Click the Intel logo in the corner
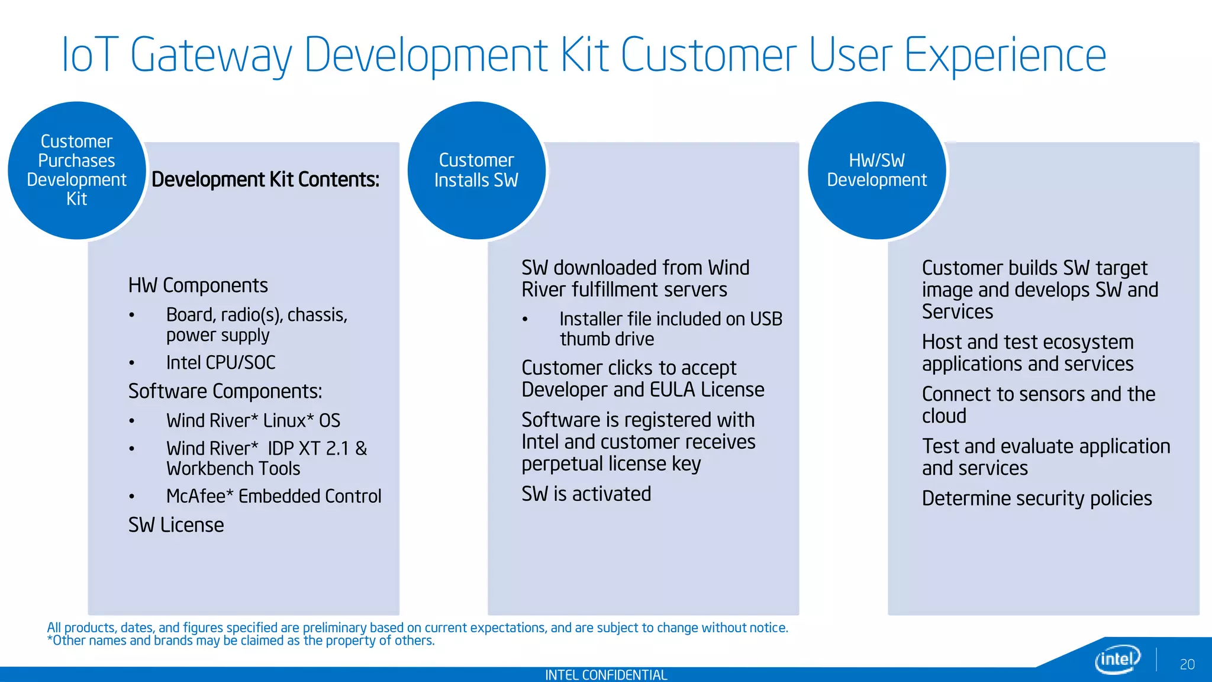(x=1117, y=659)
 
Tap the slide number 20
(x=1187, y=664)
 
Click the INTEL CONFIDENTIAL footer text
(x=605, y=675)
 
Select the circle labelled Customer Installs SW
(x=476, y=170)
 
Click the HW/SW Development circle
(x=876, y=170)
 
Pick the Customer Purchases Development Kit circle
(x=76, y=170)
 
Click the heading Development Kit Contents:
(x=265, y=179)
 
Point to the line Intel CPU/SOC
(x=221, y=362)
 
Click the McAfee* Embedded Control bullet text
(x=273, y=496)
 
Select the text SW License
(x=176, y=525)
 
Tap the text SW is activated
(x=586, y=494)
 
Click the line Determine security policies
(x=1037, y=498)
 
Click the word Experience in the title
(x=1005, y=55)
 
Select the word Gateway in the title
(x=211, y=55)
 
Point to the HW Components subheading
(x=198, y=285)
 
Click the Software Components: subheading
(x=225, y=391)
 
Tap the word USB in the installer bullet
(x=766, y=319)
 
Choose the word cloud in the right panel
(x=944, y=416)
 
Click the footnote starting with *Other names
(x=241, y=641)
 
